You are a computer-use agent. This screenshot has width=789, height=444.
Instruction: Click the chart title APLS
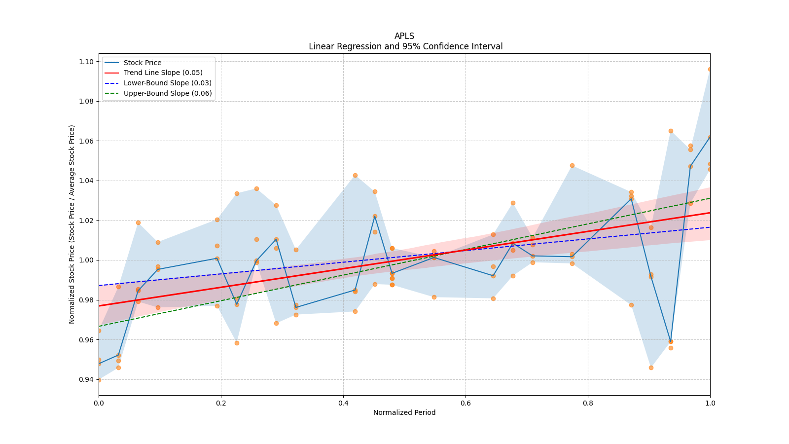pos(404,36)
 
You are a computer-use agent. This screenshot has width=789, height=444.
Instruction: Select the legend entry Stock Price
pos(143,63)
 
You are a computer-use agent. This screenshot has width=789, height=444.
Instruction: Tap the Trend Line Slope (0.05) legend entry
pos(163,73)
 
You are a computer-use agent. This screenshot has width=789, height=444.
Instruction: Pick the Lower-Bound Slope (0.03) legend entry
pos(167,83)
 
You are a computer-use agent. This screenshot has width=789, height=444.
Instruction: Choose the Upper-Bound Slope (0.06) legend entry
pos(168,93)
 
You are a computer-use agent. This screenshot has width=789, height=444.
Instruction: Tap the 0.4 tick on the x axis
pos(343,403)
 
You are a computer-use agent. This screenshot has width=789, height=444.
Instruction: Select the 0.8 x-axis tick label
pos(588,403)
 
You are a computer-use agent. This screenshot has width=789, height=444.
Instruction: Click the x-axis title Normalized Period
pos(404,412)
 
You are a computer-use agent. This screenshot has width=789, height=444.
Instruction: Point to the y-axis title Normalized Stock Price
pos(72,224)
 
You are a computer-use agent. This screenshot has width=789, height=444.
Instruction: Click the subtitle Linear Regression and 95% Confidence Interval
pos(405,46)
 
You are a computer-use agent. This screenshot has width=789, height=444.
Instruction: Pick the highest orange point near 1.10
pos(710,69)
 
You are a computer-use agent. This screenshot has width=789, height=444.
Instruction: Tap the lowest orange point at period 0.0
pos(99,380)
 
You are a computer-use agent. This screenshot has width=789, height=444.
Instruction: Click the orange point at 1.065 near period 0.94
pos(671,131)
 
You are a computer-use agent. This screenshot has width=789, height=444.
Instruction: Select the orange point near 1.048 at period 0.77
pos(572,165)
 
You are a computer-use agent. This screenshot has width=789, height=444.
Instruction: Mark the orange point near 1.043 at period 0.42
pos(355,175)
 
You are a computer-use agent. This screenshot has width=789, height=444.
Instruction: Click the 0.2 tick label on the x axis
pos(221,403)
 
